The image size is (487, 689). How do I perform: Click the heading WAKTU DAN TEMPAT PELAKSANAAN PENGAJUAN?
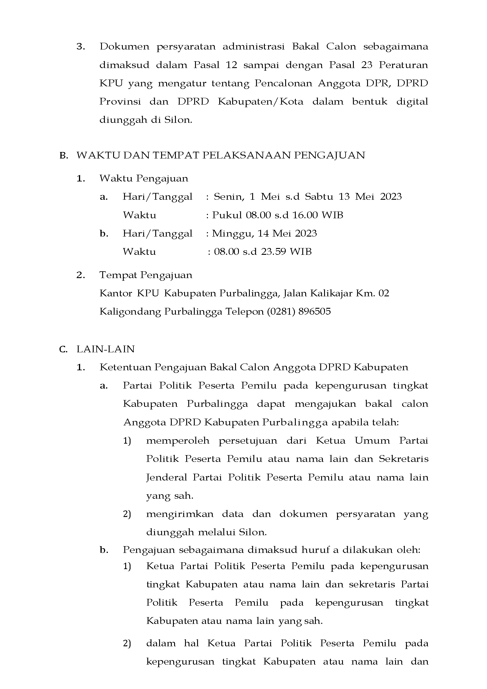click(x=221, y=155)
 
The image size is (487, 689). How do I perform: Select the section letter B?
click(x=63, y=156)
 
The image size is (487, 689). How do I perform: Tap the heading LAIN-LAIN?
click(x=106, y=349)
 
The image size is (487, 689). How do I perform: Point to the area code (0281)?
click(x=281, y=311)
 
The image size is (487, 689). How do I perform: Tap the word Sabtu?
click(x=319, y=196)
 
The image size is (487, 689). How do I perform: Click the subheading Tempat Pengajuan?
click(x=146, y=275)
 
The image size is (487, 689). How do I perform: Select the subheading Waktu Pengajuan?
click(x=144, y=179)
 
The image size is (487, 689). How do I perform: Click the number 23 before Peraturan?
click(x=367, y=65)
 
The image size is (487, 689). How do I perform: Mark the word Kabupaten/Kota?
click(x=260, y=102)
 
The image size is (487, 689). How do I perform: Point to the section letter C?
click(x=63, y=349)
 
